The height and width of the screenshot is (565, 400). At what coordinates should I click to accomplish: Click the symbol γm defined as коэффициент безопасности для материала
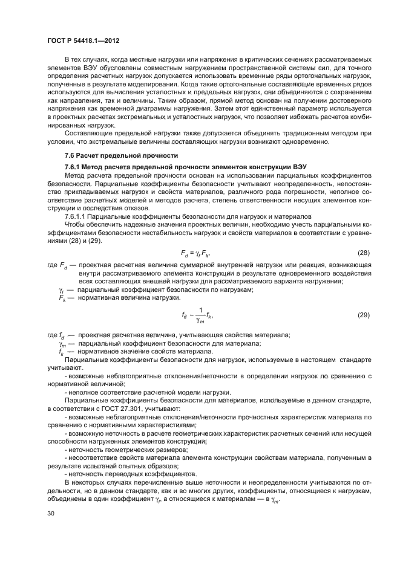[62, 343]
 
